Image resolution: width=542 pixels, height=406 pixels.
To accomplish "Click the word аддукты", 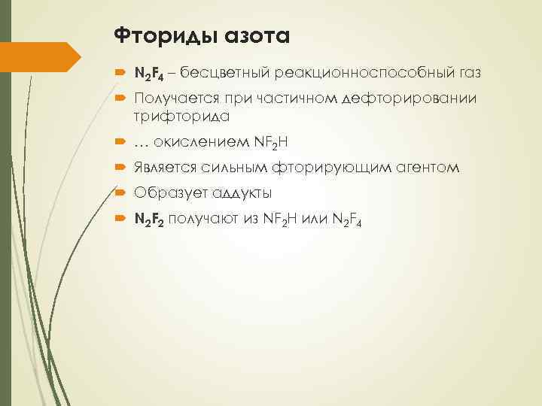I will (234, 192).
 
